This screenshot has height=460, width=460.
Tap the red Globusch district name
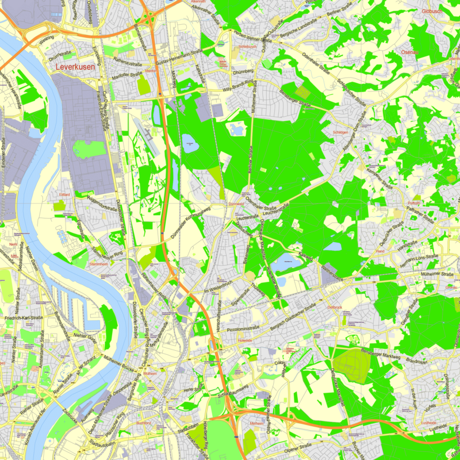point(432,11)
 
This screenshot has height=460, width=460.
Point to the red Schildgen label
point(340,132)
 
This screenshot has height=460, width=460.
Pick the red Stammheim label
point(99,263)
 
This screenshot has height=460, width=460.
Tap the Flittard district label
point(64,194)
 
